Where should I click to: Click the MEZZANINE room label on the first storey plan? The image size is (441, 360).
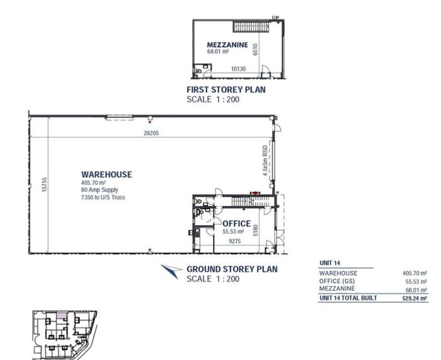click(227, 45)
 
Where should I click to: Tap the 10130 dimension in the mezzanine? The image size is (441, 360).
click(238, 69)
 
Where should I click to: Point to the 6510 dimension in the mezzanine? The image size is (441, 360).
click(255, 49)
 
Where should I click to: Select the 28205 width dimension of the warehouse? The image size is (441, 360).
click(151, 133)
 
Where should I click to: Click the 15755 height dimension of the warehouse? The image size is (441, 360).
click(44, 185)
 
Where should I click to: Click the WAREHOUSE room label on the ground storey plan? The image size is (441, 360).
click(106, 175)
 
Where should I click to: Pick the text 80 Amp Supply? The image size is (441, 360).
click(100, 190)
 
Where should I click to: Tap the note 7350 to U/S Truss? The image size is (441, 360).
click(103, 197)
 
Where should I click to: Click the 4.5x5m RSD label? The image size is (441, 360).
click(265, 161)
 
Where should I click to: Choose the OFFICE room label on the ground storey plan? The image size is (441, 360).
click(236, 223)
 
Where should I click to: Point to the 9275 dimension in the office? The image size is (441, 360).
click(234, 241)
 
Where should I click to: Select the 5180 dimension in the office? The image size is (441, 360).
click(255, 230)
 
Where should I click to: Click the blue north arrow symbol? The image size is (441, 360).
click(171, 270)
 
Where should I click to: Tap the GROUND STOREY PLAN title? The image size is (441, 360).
click(232, 269)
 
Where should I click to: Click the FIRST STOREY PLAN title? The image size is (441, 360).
click(226, 90)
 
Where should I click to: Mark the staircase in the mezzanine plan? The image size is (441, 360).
click(251, 26)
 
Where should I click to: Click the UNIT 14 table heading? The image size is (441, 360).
click(329, 263)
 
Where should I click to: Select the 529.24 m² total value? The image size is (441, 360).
click(415, 298)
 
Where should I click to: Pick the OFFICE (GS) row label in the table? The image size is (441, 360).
click(337, 281)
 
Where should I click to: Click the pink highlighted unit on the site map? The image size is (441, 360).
click(62, 315)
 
